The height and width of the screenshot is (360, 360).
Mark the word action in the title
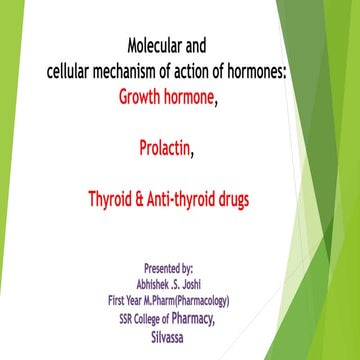[206, 72]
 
